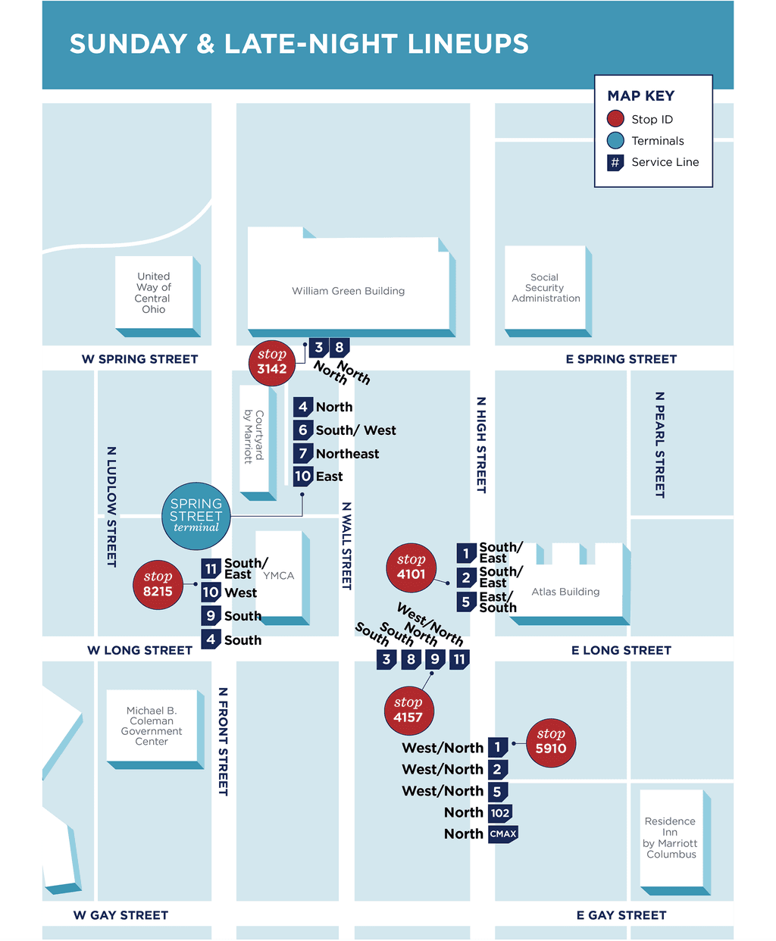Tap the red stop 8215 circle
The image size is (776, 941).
tap(158, 584)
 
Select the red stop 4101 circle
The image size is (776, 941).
tap(411, 567)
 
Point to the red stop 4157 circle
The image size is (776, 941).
tap(408, 711)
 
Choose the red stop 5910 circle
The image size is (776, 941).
tap(551, 742)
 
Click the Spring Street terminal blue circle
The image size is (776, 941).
tap(196, 516)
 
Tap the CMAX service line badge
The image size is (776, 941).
tap(503, 834)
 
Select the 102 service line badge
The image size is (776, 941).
tap(500, 813)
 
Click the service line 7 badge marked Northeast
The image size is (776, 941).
tap(303, 454)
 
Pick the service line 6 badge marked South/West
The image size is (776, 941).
tap(303, 430)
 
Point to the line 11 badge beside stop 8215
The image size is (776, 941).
tap(211, 569)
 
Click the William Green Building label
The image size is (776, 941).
tap(349, 291)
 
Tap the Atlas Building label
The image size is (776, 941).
tap(565, 592)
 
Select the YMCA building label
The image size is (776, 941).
tap(279, 576)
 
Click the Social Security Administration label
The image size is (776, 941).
tap(546, 288)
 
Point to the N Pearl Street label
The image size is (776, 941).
tap(659, 445)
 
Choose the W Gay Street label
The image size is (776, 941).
tap(120, 915)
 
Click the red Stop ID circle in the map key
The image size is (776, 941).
tap(615, 119)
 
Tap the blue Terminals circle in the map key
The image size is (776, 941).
tap(615, 140)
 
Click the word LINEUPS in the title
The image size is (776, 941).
tap(468, 44)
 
